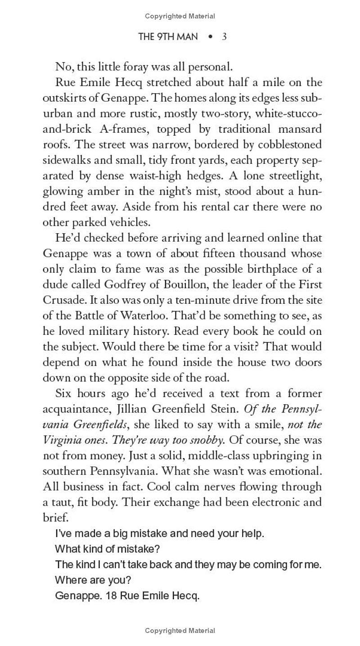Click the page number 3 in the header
pos(224,36)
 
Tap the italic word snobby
pos(201,440)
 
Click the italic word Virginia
pos(60,440)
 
